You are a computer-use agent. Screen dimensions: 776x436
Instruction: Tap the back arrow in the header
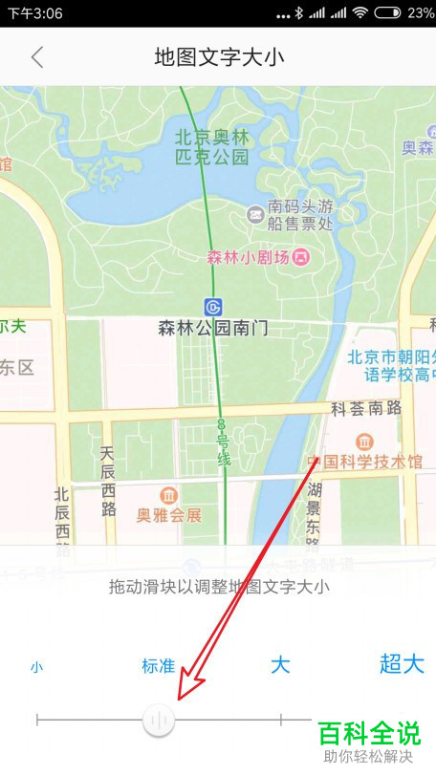click(37, 57)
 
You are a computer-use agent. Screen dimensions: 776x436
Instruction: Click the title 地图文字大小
click(219, 57)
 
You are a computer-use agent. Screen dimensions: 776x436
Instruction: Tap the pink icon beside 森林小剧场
click(301, 256)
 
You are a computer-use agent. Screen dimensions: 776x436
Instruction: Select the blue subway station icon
click(213, 307)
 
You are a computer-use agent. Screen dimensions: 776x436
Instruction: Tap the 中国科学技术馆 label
click(371, 463)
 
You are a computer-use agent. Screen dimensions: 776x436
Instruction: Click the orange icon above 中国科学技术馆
click(364, 442)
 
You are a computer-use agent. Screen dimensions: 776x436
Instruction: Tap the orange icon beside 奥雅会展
click(169, 495)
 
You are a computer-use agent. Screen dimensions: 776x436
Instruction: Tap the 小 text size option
click(36, 667)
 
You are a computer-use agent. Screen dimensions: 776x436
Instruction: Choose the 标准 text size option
click(158, 666)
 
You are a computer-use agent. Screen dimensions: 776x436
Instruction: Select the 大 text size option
click(279, 665)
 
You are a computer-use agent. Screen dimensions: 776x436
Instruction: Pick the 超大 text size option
click(402, 664)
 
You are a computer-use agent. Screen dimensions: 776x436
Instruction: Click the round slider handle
click(159, 720)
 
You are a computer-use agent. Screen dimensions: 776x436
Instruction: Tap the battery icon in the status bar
click(387, 13)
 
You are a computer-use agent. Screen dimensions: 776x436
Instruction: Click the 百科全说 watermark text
click(368, 734)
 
